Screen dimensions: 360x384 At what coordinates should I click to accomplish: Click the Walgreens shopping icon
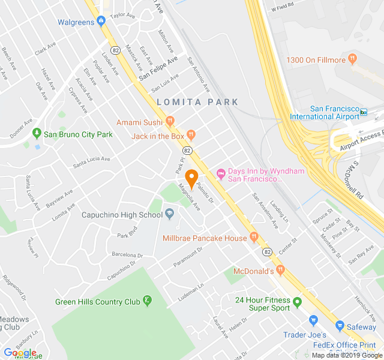tap(101, 22)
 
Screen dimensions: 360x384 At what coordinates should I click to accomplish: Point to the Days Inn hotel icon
tap(221, 175)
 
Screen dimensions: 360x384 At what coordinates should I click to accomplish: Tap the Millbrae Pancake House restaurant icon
tap(254, 238)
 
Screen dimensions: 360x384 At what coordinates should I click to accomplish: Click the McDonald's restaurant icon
tap(280, 271)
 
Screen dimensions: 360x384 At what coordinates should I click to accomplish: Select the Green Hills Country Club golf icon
tap(146, 301)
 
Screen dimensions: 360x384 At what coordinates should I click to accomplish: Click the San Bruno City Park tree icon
tap(37, 134)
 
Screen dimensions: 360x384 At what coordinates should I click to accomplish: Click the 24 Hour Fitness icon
tap(296, 300)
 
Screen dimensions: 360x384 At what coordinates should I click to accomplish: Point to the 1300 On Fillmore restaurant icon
tap(353, 60)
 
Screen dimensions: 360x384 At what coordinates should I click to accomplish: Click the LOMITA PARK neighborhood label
tap(197, 102)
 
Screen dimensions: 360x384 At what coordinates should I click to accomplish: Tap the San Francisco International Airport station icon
tap(364, 112)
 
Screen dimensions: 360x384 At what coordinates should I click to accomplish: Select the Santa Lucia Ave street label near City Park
tap(92, 161)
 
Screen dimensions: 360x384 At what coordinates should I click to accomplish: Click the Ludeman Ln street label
tap(191, 293)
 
